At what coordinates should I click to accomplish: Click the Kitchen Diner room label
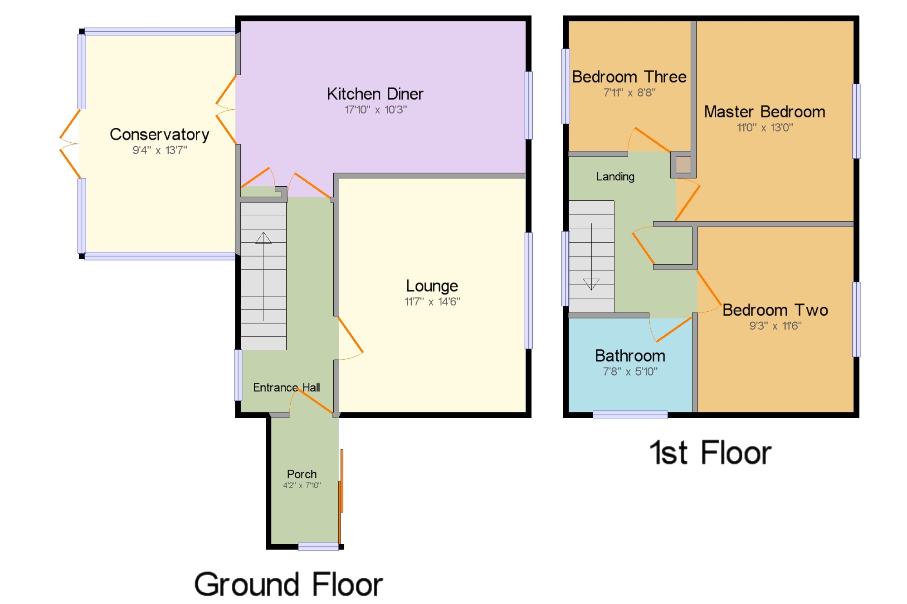click(x=375, y=94)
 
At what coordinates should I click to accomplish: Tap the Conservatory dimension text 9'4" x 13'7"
click(x=160, y=150)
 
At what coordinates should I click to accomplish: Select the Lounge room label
click(x=432, y=286)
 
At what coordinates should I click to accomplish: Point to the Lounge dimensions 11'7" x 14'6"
click(x=432, y=301)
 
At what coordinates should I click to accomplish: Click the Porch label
click(x=302, y=474)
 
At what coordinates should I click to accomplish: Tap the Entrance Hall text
click(x=287, y=387)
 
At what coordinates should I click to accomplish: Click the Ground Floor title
click(x=288, y=584)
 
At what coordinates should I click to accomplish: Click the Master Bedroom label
click(x=765, y=111)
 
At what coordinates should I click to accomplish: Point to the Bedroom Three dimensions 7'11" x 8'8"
click(x=629, y=92)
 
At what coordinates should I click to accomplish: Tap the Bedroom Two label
click(x=775, y=310)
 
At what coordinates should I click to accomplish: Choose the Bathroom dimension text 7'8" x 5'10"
click(x=630, y=372)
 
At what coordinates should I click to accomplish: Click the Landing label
click(x=615, y=177)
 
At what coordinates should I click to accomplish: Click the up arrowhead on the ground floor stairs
click(x=263, y=238)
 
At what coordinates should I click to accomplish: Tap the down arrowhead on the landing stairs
click(x=591, y=284)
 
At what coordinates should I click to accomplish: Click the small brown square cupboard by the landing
click(x=683, y=164)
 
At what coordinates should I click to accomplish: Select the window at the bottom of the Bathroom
click(x=630, y=415)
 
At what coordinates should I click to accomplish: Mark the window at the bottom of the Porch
click(x=318, y=547)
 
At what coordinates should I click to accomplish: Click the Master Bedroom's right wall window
click(x=856, y=121)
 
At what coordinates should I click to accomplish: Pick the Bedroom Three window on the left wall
click(x=566, y=86)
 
